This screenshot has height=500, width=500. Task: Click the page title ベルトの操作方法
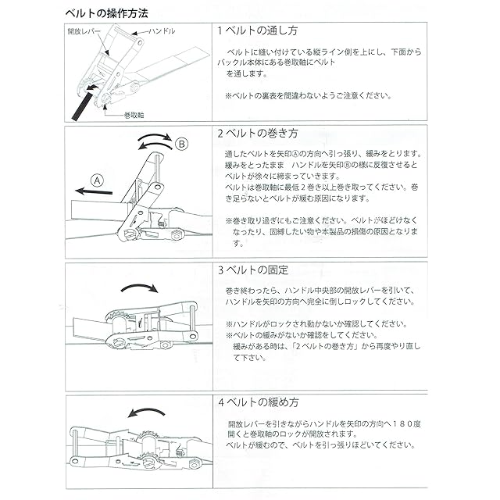point(108,13)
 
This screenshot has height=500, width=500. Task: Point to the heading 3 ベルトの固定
point(254,271)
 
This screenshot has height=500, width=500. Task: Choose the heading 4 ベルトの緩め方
point(259,404)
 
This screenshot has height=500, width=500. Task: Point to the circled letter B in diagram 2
point(181,144)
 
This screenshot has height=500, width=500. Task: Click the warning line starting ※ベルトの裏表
point(308,97)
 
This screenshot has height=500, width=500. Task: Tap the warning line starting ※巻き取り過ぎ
point(320,220)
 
